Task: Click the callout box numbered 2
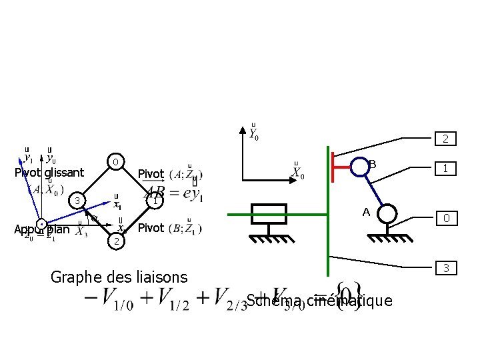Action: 444,139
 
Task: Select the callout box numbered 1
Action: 444,169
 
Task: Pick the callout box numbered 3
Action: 444,269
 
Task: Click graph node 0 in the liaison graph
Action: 116,162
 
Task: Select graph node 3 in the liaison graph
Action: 78,201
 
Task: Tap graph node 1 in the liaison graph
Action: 155,200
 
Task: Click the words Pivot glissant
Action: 49,173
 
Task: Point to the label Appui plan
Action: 42,229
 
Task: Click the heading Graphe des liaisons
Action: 119,276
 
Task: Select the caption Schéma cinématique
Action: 319,301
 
